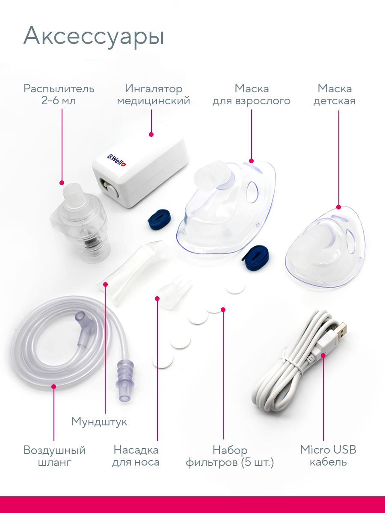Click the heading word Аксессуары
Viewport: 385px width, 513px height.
pyautogui.click(x=94, y=37)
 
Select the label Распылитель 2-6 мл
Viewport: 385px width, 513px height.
pyautogui.click(x=59, y=95)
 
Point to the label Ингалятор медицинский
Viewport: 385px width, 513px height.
pyautogui.click(x=154, y=95)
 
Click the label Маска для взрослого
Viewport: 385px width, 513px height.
pyautogui.click(x=252, y=95)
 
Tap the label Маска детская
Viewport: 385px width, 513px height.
pyautogui.click(x=335, y=95)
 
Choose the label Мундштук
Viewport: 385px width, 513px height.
pyautogui.click(x=99, y=422)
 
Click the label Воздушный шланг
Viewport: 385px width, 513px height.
pyautogui.click(x=54, y=456)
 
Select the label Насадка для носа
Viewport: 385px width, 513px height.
pyautogui.click(x=136, y=456)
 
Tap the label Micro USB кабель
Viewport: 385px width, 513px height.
pyautogui.click(x=328, y=456)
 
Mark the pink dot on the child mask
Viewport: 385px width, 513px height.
pyautogui.click(x=338, y=207)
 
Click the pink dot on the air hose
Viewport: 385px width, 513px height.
pyautogui.click(x=54, y=386)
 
